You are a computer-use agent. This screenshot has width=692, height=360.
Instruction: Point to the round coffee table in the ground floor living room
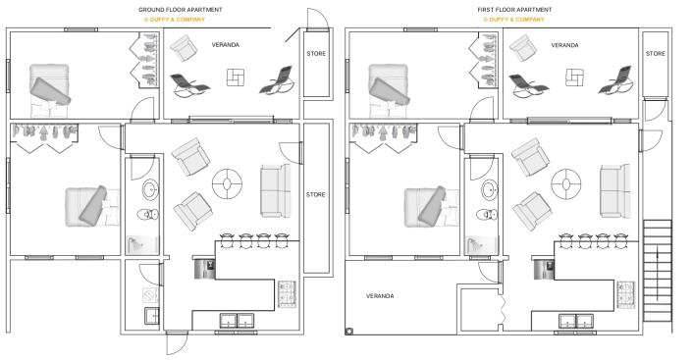tap(227, 181)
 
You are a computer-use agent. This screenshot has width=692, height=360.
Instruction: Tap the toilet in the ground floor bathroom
tap(148, 214)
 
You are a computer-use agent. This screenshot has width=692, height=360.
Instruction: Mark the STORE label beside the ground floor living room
tap(315, 194)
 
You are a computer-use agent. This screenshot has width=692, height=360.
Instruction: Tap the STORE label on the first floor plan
tap(655, 53)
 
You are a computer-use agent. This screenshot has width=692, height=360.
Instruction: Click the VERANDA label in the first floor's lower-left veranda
tap(380, 295)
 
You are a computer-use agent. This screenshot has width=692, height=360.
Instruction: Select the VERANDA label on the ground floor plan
tap(226, 45)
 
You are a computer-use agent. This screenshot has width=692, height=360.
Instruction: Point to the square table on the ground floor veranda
tap(236, 77)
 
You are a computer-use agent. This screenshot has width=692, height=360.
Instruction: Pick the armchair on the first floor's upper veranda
tap(521, 45)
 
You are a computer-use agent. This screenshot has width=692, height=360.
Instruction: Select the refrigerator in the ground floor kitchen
tap(206, 267)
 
